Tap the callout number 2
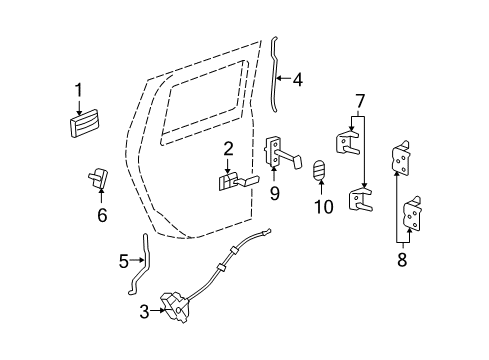tap(228, 149)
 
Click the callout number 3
tap(144, 312)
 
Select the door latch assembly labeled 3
tap(175, 310)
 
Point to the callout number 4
tap(298, 77)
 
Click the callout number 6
tap(102, 213)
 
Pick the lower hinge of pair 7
tap(361, 202)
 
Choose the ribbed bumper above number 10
tap(321, 172)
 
